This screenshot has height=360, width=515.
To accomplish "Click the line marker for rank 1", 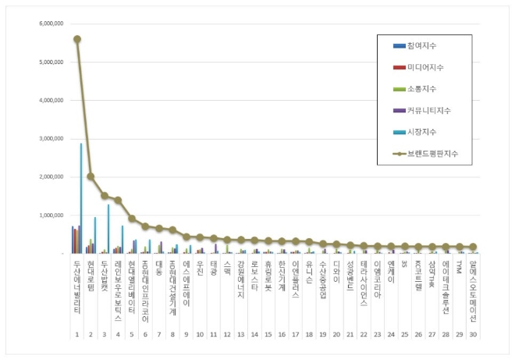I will [76, 39].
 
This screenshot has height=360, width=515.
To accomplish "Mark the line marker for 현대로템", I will [91, 176].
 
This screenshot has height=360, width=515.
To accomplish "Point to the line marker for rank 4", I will [118, 200].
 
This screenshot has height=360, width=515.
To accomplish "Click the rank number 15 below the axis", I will [268, 334].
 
